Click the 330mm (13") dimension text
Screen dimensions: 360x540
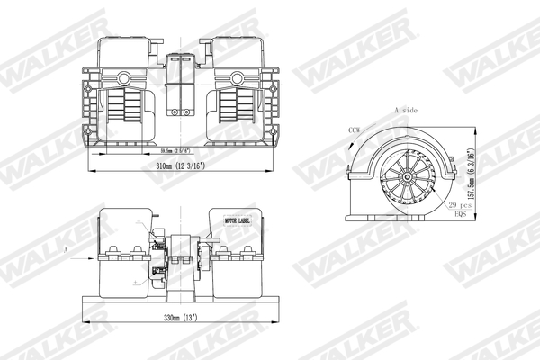click(177, 317)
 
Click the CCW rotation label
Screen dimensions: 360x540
click(355, 131)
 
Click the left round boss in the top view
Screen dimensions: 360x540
click(123, 78)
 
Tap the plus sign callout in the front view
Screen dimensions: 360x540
click(136, 282)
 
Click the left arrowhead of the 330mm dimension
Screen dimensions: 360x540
click(86, 322)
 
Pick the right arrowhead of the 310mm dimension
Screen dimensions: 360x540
click(274, 172)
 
